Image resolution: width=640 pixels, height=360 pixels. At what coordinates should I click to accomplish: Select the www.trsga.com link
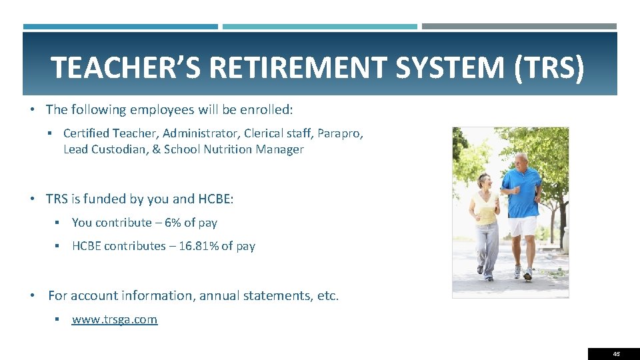point(115,319)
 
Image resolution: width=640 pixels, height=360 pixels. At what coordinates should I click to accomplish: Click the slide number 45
point(616,354)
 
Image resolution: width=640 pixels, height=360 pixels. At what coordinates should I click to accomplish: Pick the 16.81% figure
point(199,246)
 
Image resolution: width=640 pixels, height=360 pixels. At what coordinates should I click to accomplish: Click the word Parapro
point(340,133)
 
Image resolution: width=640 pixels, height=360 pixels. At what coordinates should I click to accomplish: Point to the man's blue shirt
point(521,190)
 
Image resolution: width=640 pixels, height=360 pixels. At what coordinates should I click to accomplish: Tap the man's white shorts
point(523,226)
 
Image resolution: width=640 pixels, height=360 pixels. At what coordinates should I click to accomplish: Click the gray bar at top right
point(519,27)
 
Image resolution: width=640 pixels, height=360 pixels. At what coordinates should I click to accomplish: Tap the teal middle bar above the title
point(319,27)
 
